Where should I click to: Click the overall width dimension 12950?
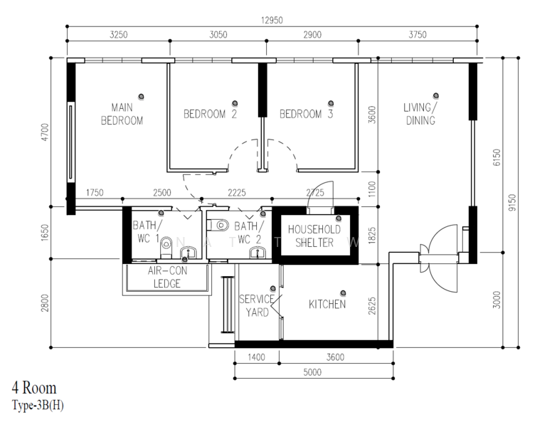pyautogui.click(x=272, y=20)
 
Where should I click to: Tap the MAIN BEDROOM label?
pyautogui.click(x=122, y=114)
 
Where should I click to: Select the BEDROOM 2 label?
pyautogui.click(x=210, y=114)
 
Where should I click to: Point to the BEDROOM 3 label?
pyautogui.click(x=307, y=114)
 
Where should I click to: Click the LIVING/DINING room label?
pyautogui.click(x=420, y=114)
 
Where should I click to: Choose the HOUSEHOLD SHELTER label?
pyautogui.click(x=314, y=236)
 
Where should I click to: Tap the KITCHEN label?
pyautogui.click(x=327, y=304)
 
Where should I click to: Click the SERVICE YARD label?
pyautogui.click(x=257, y=305)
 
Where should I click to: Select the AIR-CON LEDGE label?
pyautogui.click(x=167, y=277)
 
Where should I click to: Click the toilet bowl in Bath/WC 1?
pyautogui.click(x=166, y=247)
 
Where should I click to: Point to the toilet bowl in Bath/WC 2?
pyautogui.click(x=218, y=225)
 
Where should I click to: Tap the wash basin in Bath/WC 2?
pyautogui.click(x=258, y=253)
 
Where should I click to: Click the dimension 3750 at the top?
pyautogui.click(x=418, y=35)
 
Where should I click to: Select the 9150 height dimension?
pyautogui.click(x=512, y=203)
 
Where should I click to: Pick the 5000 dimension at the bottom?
pyautogui.click(x=312, y=372)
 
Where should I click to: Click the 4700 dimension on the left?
pyautogui.click(x=45, y=132)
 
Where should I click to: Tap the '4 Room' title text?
pyautogui.click(x=34, y=388)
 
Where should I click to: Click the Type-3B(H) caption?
pyautogui.click(x=38, y=405)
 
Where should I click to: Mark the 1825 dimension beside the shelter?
pyautogui.click(x=372, y=236)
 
